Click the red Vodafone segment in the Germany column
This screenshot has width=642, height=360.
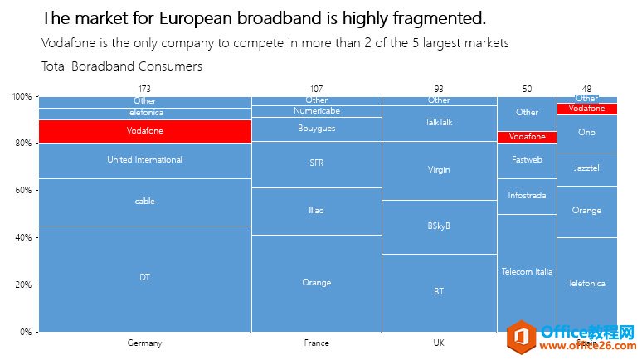tap(144, 131)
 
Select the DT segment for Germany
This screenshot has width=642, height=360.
tap(144, 278)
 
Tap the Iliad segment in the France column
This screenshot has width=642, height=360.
tap(316, 211)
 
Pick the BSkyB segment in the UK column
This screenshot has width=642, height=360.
tap(439, 226)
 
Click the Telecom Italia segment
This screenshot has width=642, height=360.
tap(527, 272)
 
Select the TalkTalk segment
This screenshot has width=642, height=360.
tap(439, 123)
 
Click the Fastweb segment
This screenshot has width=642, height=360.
tap(527, 160)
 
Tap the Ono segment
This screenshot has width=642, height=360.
tap(586, 133)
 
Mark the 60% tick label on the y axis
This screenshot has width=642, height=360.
tap(22, 190)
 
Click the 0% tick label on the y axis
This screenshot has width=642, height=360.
tap(26, 332)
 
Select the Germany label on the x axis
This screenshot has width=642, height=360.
tap(144, 343)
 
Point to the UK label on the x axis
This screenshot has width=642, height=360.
tap(439, 343)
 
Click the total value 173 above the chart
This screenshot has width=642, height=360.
tap(144, 88)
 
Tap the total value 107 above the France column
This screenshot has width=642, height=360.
tap(316, 88)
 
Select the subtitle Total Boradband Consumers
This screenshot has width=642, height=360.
tap(121, 66)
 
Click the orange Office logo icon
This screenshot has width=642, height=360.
tap(523, 337)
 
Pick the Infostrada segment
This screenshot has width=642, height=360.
tap(527, 197)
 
